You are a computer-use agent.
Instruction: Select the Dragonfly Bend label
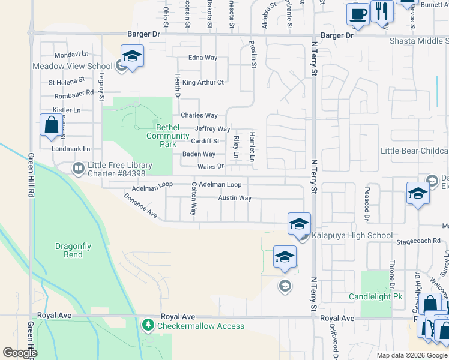point(73,250)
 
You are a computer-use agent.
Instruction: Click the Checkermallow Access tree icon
point(148,325)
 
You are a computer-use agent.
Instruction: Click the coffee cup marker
point(358,14)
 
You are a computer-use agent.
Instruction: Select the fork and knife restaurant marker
point(381,11)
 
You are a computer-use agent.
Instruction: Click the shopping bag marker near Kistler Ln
point(51,125)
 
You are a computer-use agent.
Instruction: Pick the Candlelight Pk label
point(376,297)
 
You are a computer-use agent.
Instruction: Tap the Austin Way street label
point(234,197)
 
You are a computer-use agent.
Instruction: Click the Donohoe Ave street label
point(140,205)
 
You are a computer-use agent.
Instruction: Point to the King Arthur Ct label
point(203,82)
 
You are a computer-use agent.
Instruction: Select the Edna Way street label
point(203,58)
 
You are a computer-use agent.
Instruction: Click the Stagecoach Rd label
point(418,241)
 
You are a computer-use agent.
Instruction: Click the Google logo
point(20,352)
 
